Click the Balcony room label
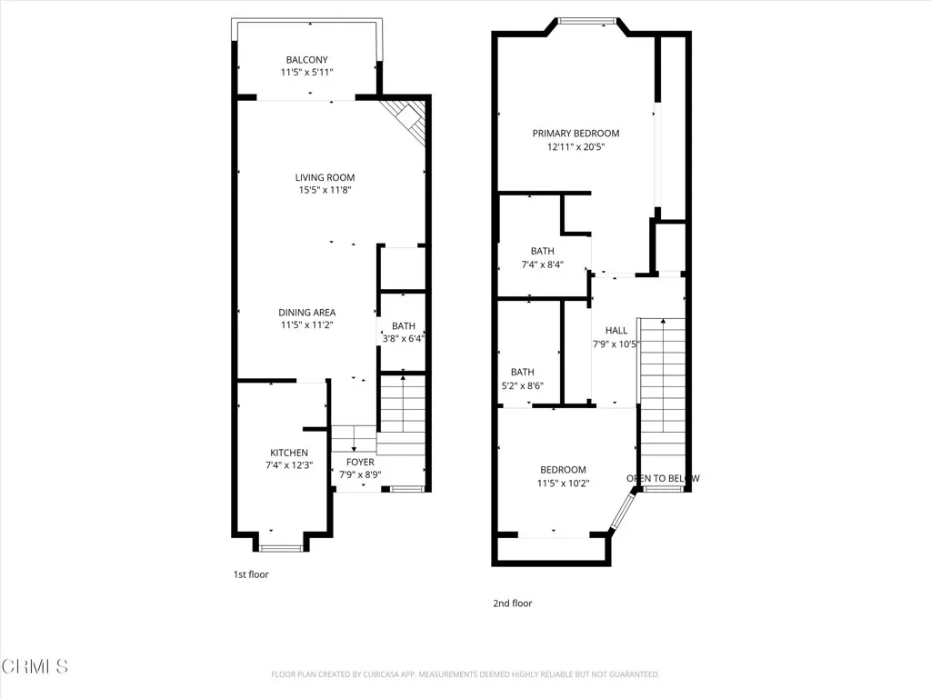pos(307,59)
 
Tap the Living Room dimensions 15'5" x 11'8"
pos(325,191)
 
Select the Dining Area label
pos(307,312)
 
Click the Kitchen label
pos(289,453)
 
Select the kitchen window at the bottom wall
pos(281,547)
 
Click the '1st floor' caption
pos(251,574)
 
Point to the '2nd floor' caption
pos(514,603)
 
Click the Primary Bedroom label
pos(576,134)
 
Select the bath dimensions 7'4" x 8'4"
pos(543,265)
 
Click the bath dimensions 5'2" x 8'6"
pos(522,385)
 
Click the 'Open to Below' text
pos(663,478)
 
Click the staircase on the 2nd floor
pos(663,391)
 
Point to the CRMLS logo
pos(35,667)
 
